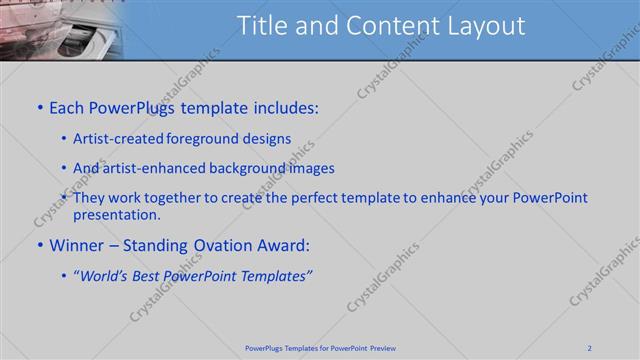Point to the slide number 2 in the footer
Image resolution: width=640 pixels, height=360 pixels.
click(590, 348)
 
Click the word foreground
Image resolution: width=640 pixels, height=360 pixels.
click(207, 139)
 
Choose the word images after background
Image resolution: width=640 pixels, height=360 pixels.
click(313, 168)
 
